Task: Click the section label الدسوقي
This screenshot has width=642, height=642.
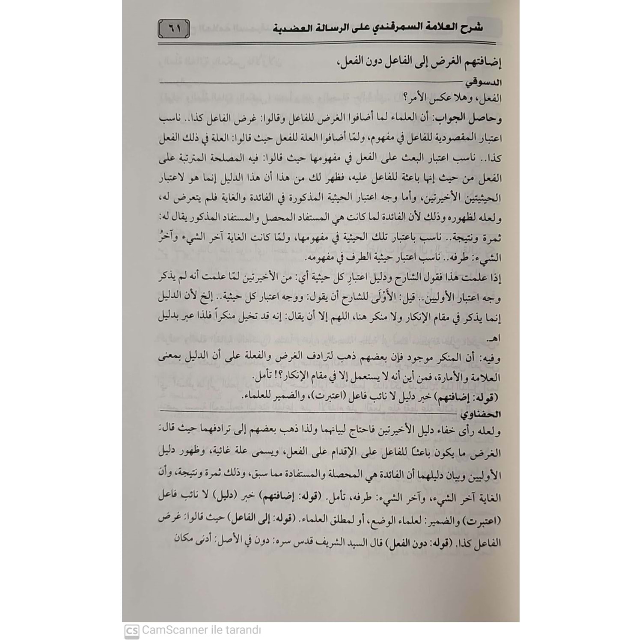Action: click(x=481, y=83)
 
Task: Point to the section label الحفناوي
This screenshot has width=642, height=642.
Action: click(x=480, y=414)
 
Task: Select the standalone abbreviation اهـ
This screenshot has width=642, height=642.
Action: click(x=493, y=339)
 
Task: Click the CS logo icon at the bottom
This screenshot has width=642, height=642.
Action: click(x=132, y=631)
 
